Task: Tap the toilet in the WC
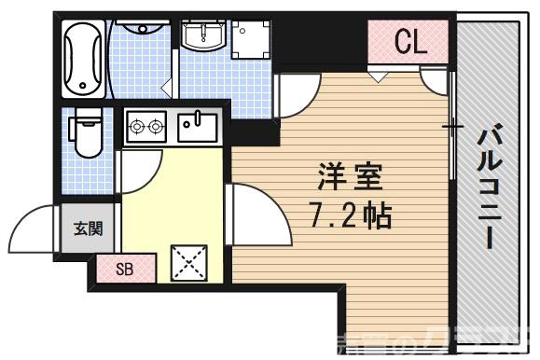pyautogui.click(x=87, y=132)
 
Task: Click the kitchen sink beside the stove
pyautogui.click(x=197, y=126)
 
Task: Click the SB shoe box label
pyautogui.click(x=124, y=270)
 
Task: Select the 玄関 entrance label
pyautogui.click(x=87, y=227)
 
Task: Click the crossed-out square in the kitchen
pyautogui.click(x=189, y=261)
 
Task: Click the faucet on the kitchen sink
pyautogui.click(x=197, y=118)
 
